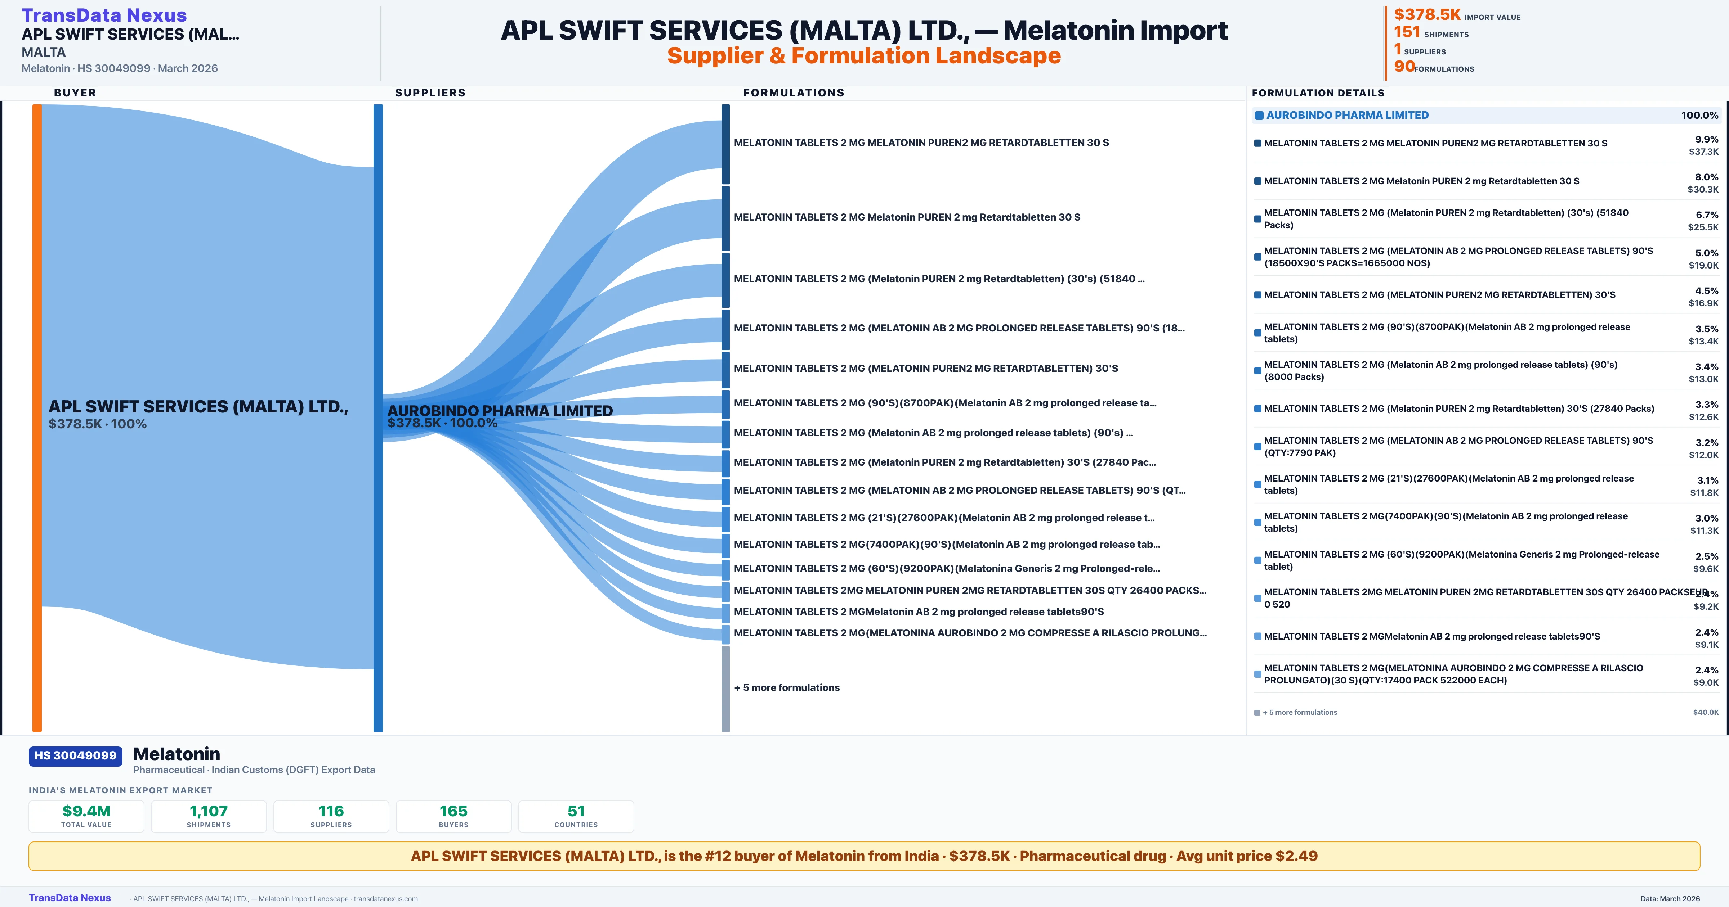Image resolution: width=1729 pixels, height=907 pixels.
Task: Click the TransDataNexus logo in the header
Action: [104, 15]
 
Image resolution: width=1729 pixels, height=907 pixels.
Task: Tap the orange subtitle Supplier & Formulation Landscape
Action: [864, 56]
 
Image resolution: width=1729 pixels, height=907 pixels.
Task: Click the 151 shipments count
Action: [1407, 32]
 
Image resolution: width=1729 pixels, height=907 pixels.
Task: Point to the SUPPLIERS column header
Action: [430, 92]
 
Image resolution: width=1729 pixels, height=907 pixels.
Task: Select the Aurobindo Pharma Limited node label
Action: [500, 411]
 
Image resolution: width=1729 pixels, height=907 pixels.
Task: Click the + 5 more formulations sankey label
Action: [787, 688]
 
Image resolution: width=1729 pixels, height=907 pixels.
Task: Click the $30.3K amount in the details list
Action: [1703, 190]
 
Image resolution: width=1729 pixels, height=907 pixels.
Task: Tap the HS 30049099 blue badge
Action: [75, 755]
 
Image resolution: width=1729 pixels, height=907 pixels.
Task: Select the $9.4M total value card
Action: [86, 816]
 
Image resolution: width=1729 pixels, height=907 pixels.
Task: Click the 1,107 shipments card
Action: [209, 816]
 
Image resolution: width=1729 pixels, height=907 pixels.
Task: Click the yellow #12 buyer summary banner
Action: [864, 856]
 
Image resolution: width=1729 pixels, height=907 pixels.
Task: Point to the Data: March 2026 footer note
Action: [1670, 898]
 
